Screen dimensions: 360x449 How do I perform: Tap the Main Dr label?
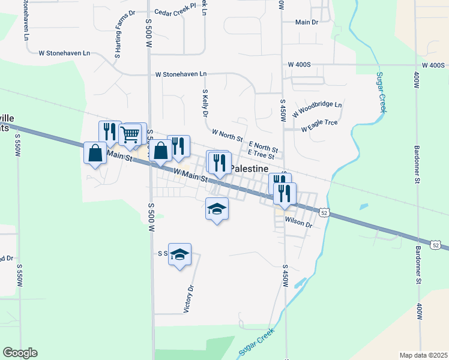(306, 22)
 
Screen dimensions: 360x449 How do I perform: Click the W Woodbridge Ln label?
(317, 109)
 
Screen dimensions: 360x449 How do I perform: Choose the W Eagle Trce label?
(319, 125)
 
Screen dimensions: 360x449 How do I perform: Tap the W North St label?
(227, 134)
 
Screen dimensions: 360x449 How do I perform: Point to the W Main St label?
(190, 175)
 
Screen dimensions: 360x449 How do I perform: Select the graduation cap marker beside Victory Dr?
(179, 254)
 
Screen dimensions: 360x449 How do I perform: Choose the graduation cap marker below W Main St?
(217, 208)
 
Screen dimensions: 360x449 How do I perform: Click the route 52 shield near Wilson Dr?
(324, 212)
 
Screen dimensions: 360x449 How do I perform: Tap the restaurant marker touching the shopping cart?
(109, 131)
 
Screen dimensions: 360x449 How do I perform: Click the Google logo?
(20, 353)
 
